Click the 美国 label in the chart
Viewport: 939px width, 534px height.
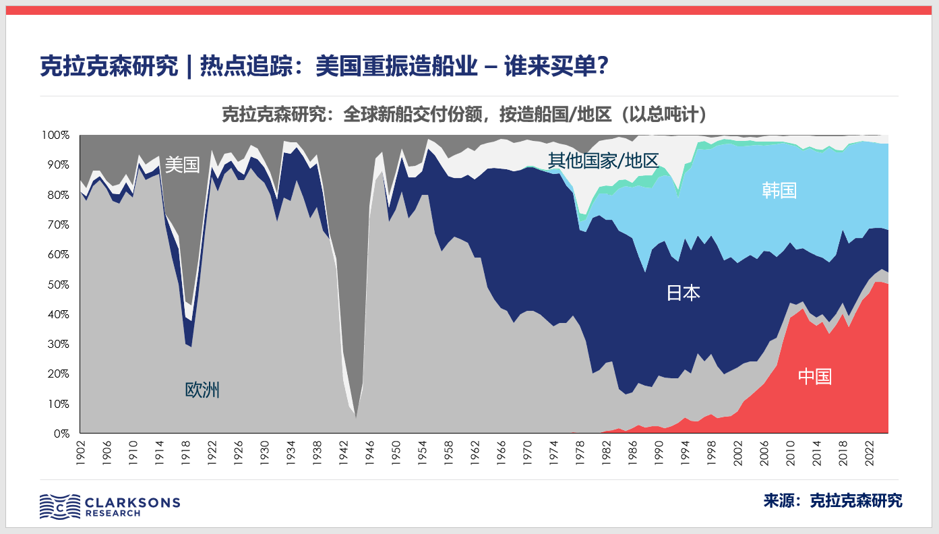183,165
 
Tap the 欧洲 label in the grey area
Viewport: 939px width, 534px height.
202,390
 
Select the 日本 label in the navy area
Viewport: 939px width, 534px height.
684,293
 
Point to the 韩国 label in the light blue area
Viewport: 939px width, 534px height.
779,190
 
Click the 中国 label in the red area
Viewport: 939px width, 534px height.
814,376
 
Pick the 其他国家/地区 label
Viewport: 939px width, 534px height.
603,160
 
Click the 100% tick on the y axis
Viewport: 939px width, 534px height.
56,136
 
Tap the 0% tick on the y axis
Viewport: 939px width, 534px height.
61,434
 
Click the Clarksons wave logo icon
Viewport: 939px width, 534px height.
59,506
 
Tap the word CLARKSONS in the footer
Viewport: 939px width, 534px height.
133,502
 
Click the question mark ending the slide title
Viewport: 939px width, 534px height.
603,67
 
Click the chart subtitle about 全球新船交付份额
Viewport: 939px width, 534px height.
464,115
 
